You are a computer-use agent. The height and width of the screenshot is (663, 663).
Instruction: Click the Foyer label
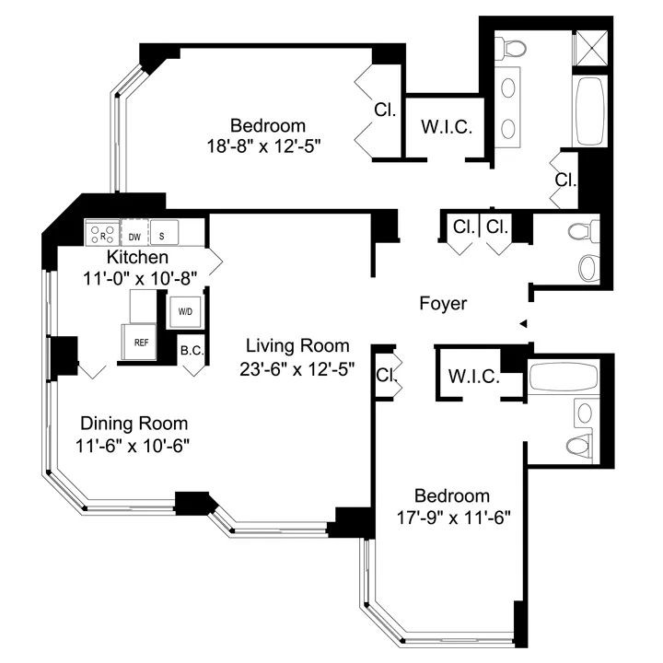click(443, 303)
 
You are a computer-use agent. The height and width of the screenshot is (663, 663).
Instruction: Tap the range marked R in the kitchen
click(103, 232)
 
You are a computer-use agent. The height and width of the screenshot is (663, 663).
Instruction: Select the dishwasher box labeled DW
click(134, 233)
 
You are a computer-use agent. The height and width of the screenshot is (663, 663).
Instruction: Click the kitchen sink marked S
click(164, 233)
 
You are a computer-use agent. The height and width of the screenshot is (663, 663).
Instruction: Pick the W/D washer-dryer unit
click(185, 311)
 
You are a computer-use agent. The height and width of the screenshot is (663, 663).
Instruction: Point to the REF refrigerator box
click(141, 342)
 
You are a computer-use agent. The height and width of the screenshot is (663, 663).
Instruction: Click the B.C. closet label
click(192, 350)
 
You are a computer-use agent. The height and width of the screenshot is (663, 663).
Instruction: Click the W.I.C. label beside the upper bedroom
click(447, 128)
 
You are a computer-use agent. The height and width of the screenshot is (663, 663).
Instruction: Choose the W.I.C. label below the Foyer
click(474, 376)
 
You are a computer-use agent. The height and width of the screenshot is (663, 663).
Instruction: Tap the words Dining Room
click(134, 424)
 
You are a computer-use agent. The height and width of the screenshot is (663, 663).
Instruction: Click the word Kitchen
click(137, 256)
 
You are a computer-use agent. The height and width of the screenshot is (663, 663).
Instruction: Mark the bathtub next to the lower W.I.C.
click(562, 378)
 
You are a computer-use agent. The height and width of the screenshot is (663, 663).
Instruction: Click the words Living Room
click(297, 346)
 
